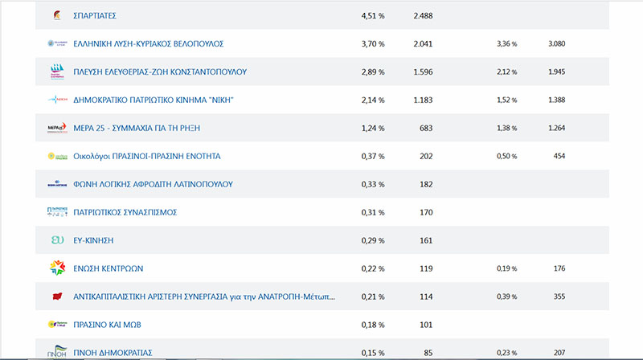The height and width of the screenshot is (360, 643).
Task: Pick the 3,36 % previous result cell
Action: (507, 43)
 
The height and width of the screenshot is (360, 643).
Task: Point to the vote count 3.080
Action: (557, 43)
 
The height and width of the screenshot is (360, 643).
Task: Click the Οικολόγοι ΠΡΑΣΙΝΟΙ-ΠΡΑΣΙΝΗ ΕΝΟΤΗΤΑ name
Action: (146, 156)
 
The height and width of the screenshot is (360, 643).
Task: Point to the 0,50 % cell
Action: (507, 156)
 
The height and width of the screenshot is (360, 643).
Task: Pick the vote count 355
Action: (559, 297)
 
